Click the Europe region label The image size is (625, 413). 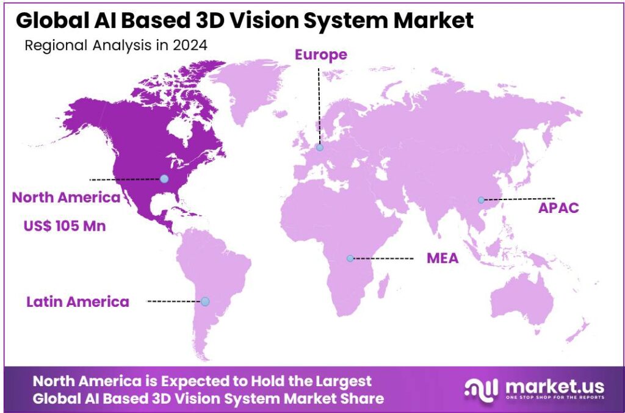coord(320,55)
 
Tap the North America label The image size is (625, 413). coord(66,198)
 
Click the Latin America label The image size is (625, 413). coord(78,301)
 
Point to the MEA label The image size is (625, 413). coord(443,259)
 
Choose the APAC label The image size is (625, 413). coord(558,208)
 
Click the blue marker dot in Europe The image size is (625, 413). coord(320,147)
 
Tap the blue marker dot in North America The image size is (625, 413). coord(164,179)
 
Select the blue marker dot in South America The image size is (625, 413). coord(205,301)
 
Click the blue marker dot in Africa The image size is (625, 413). coord(350,258)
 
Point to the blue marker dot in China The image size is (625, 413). coord(481,199)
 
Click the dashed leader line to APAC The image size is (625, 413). coord(519,198)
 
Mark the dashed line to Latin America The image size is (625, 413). coord(174,301)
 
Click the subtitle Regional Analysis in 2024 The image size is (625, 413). coord(115,45)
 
